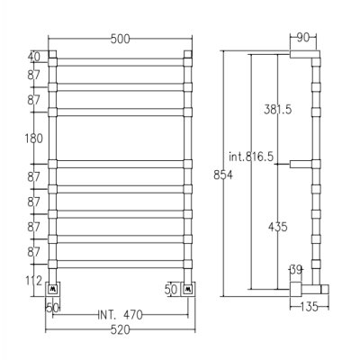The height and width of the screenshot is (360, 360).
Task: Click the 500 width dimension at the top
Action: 120,39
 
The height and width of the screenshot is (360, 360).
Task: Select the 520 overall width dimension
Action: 121,330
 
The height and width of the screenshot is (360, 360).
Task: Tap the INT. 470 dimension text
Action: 121,315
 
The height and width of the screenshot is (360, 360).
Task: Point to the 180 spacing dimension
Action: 33,139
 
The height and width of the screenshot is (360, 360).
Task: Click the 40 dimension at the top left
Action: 34,57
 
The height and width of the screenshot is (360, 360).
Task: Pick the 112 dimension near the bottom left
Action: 33,281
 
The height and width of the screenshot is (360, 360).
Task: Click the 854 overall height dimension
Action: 223,175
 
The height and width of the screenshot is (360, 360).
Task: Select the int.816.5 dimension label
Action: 251,157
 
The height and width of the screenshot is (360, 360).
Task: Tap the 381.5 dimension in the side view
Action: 278,110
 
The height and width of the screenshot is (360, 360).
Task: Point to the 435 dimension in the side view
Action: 278,227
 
